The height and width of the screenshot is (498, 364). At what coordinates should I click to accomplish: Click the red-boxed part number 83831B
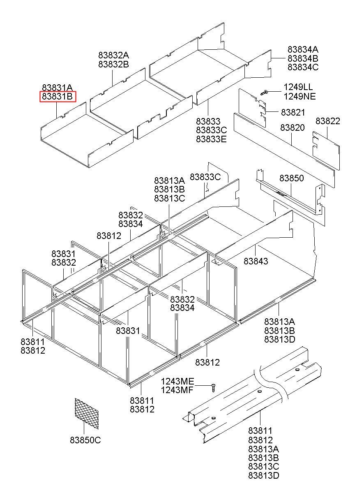(58, 97)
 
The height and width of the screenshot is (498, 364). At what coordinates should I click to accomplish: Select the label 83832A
(113, 56)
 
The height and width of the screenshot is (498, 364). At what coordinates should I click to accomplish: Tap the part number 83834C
(303, 67)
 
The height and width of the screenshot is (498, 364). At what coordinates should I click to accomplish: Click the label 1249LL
(298, 88)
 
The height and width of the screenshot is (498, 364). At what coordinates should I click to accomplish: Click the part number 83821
(293, 112)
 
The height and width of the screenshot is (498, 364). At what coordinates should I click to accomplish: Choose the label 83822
(328, 121)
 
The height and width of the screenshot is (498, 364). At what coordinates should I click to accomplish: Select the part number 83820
(293, 128)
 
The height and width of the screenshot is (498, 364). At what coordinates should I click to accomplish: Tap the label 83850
(292, 178)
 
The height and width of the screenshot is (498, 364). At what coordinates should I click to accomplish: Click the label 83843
(256, 261)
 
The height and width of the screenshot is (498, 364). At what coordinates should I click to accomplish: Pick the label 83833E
(211, 139)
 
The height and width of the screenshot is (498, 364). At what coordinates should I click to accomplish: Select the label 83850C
(85, 440)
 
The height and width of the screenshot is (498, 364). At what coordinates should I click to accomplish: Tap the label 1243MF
(177, 390)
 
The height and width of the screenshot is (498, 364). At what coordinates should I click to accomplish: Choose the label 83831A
(57, 87)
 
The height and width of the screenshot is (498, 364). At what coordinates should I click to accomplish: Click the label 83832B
(113, 65)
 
